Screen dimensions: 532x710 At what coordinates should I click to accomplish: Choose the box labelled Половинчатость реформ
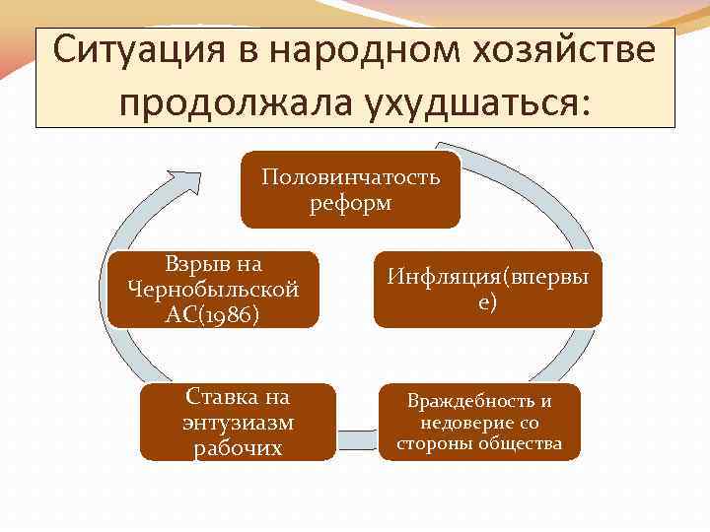point(350,189)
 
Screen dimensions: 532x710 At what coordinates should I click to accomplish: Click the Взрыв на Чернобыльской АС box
point(213,289)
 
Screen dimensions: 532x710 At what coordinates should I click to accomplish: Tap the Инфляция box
point(487,289)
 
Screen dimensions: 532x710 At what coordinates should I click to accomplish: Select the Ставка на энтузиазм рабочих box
point(238,423)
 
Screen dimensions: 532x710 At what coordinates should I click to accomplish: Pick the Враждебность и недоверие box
point(479,423)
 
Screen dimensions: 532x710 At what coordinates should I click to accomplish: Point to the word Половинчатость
point(350,178)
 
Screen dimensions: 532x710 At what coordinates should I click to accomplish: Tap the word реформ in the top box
point(350,203)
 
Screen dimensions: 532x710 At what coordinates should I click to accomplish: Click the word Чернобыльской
point(213,290)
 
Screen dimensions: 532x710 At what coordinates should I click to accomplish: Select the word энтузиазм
point(238,424)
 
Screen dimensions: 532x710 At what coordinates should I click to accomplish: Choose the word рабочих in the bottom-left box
point(238,448)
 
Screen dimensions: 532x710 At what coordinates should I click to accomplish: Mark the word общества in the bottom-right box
point(523,444)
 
